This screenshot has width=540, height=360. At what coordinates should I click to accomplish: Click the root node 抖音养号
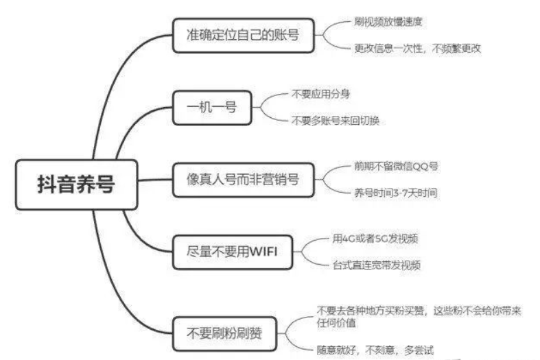tap(76, 184)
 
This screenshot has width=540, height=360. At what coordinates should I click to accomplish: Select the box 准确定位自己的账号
tap(243, 34)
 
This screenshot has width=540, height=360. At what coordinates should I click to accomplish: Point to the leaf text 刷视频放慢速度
tap(388, 21)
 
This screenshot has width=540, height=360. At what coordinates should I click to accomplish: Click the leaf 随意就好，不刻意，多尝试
tap(375, 349)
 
